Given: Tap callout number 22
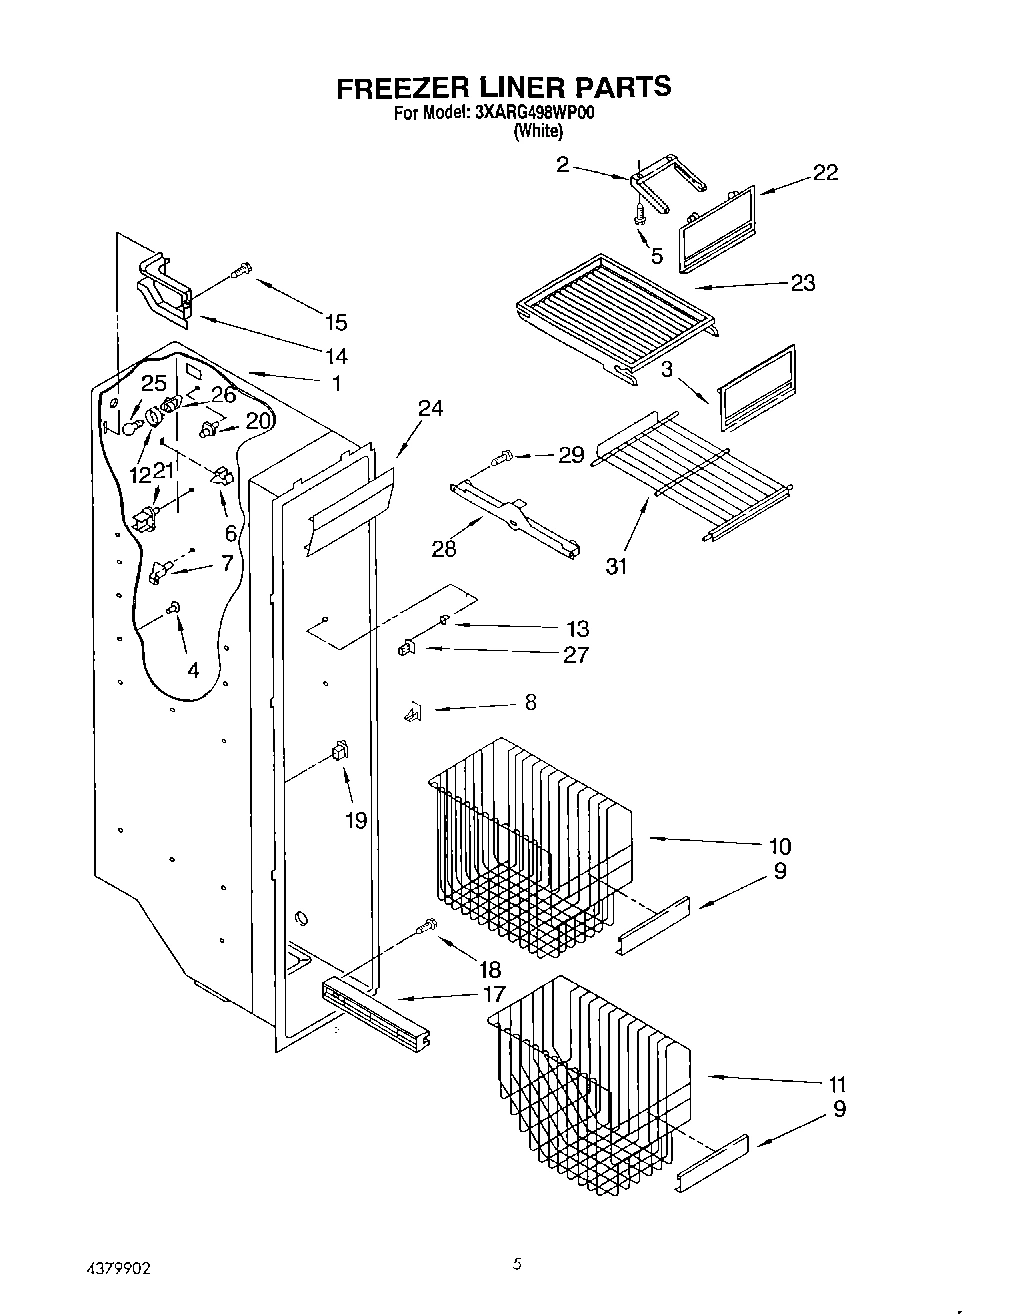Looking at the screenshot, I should (x=825, y=172).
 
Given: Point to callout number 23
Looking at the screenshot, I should (x=802, y=283).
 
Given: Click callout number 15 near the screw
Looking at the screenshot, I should (x=336, y=321).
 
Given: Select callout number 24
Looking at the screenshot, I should (x=431, y=408).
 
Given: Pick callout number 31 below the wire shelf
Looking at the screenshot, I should (x=617, y=565).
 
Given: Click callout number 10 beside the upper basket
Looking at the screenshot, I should (x=780, y=846).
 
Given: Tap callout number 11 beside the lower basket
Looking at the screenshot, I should (x=837, y=1083).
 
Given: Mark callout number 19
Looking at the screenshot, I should (x=355, y=820).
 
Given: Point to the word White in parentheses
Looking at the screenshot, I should (x=537, y=131).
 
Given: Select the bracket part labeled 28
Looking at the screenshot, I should (x=515, y=519).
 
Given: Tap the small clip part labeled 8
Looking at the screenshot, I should (x=412, y=711).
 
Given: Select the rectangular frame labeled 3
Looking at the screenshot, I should (x=757, y=386).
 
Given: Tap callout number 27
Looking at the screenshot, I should (x=576, y=655).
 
